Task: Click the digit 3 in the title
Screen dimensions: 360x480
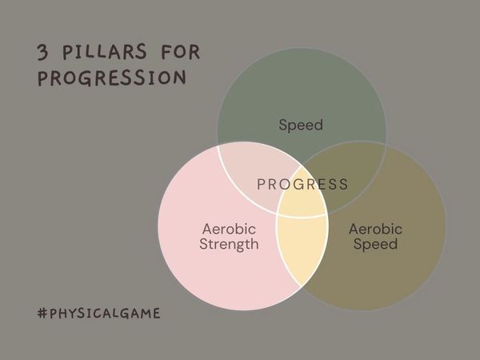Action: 42,53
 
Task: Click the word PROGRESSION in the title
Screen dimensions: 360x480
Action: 111,78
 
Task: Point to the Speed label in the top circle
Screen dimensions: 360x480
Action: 301,125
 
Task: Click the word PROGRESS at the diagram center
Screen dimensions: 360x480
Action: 302,185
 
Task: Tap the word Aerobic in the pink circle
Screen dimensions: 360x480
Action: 229,230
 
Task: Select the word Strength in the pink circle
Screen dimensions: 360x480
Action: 229,245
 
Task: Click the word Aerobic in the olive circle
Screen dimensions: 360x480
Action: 375,230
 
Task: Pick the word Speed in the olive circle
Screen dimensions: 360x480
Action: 375,245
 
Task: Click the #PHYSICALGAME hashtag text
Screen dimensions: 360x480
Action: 98,313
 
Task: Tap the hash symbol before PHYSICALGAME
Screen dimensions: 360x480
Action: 42,313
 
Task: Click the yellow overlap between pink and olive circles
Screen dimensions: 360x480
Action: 302,248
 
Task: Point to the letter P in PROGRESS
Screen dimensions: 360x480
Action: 262,185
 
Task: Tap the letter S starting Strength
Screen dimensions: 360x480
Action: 203,245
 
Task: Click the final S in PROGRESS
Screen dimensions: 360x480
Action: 343,185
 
